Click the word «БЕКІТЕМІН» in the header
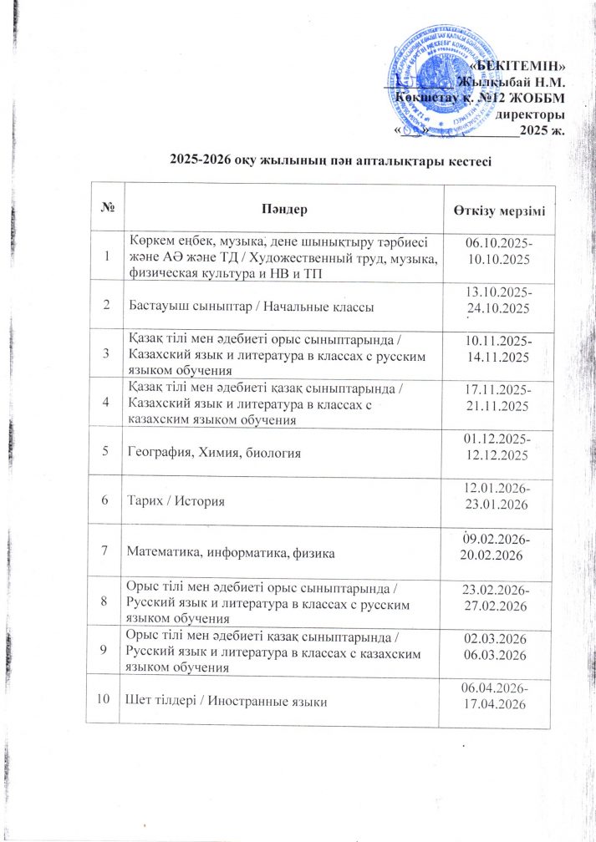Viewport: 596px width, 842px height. tap(517, 66)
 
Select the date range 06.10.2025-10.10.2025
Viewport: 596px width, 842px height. tap(498, 250)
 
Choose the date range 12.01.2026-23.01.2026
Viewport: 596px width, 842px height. tap(498, 500)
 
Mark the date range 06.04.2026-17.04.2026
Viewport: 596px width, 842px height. tap(498, 698)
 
